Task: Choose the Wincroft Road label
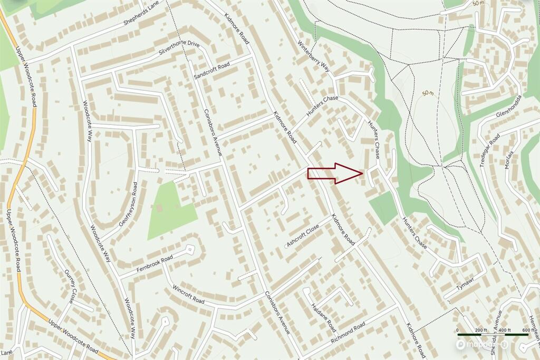(188, 295)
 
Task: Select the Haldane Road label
(321, 315)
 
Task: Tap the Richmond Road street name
(348, 333)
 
